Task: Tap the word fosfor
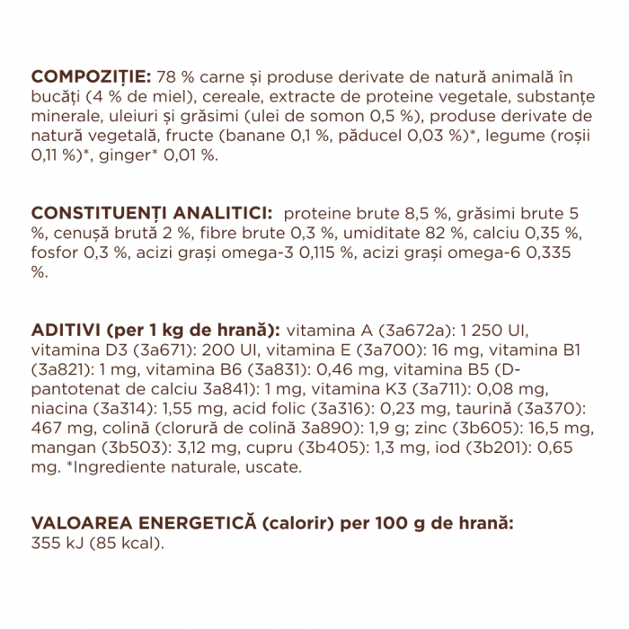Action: tap(55, 252)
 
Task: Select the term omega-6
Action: tap(530, 252)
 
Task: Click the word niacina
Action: tap(60, 407)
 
